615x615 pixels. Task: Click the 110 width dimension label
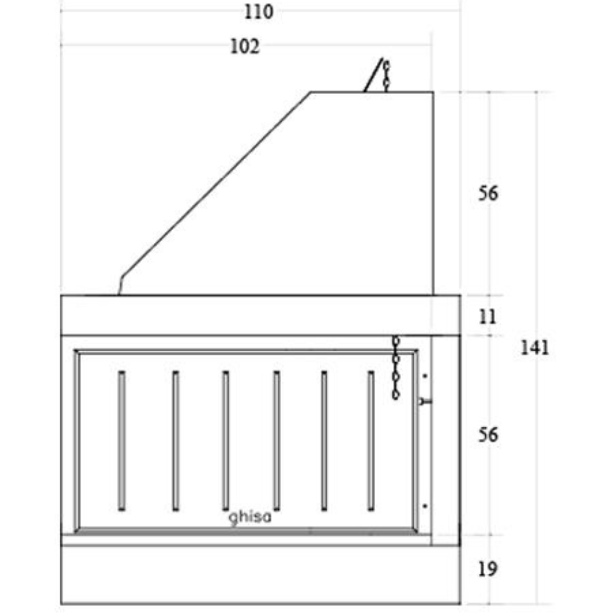[258, 12]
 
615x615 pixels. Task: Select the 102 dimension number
[245, 47]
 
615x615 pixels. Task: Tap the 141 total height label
[534, 348]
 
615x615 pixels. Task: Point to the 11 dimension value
[487, 317]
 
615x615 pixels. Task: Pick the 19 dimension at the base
[488, 569]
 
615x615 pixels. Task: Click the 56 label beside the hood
[488, 194]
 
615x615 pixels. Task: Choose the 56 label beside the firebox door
[488, 435]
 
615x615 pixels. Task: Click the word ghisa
[250, 518]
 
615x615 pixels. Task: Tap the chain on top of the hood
[386, 76]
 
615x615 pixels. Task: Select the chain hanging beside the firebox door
[397, 368]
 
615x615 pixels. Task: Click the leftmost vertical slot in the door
[122, 440]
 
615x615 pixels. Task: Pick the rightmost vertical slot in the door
[371, 440]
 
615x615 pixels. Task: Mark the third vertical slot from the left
[226, 440]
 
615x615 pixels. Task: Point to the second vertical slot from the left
[175, 440]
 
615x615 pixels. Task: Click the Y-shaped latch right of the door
[425, 401]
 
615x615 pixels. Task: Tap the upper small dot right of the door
[425, 375]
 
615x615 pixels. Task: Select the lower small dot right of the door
[425, 506]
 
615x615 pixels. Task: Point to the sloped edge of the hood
[215, 184]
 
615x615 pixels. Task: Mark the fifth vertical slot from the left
[323, 440]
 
